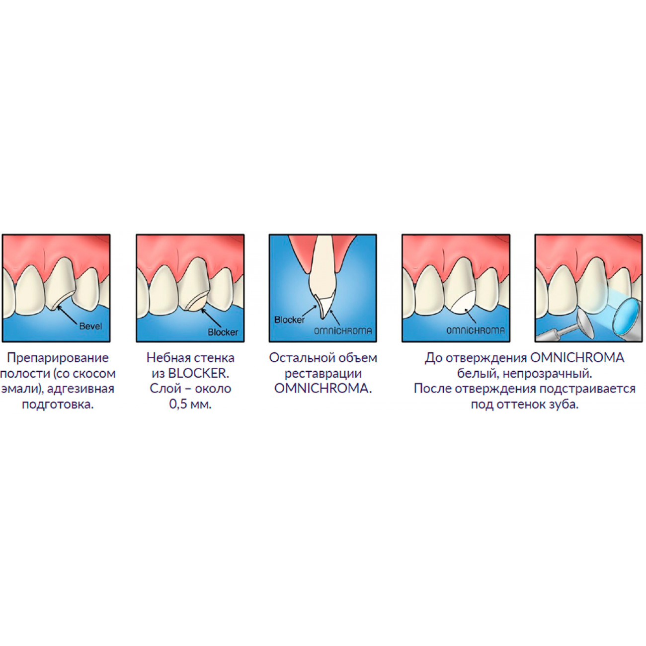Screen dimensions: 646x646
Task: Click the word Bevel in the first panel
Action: (90, 326)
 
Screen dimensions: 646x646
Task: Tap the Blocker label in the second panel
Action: (223, 332)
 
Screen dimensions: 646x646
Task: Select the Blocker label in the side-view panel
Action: (289, 320)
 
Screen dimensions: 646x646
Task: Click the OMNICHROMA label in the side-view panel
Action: (343, 331)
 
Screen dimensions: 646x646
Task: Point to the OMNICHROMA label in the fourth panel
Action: (476, 330)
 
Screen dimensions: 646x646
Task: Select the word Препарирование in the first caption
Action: (58, 358)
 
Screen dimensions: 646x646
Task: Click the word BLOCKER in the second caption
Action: (197, 374)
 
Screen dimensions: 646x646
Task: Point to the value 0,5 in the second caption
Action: (178, 404)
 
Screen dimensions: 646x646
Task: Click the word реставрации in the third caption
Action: (323, 374)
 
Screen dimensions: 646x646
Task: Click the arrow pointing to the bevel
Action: (68, 315)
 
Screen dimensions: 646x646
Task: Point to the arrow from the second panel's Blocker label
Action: (212, 318)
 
